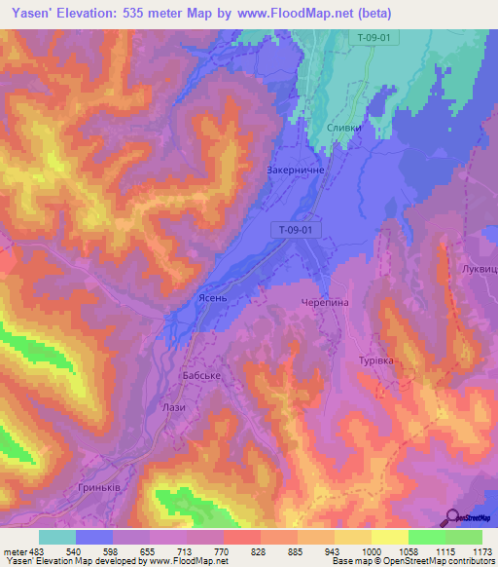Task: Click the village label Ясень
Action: point(212,301)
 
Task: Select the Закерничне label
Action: point(296,169)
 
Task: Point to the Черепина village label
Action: point(323,303)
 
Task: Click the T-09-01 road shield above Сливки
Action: point(374,38)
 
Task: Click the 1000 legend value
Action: point(370,551)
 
